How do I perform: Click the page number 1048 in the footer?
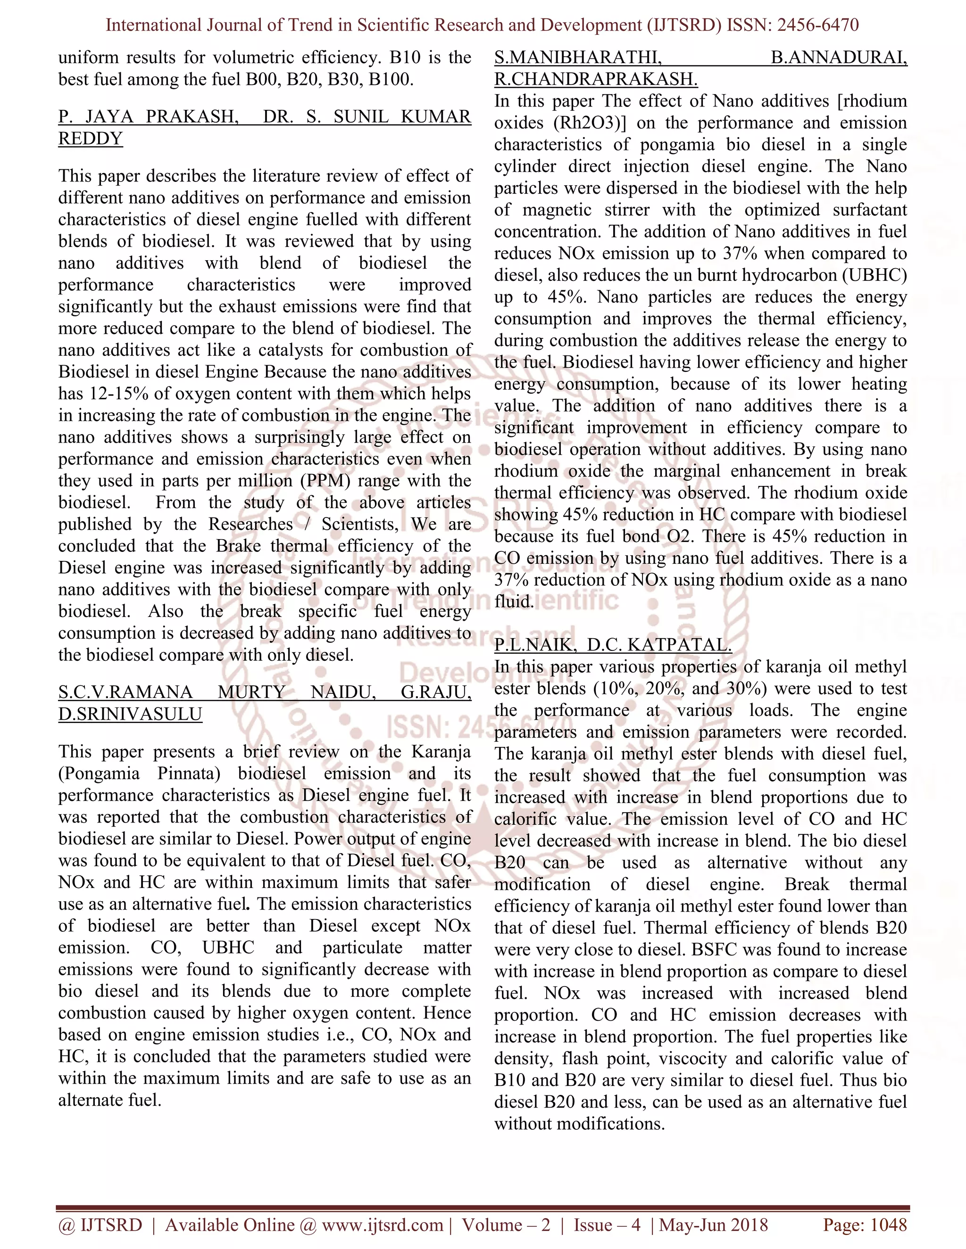coord(888,1224)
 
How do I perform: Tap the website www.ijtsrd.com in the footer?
coord(382,1224)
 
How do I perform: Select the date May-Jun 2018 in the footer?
coord(713,1224)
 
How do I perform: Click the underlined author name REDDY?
coord(91,139)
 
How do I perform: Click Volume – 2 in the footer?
coord(506,1224)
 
